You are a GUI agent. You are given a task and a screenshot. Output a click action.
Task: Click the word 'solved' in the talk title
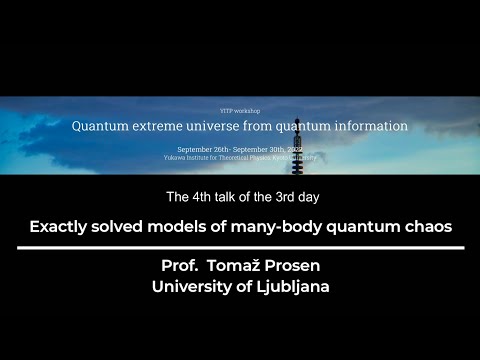(x=129, y=226)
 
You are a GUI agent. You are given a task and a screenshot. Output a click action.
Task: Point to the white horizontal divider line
(x=239, y=247)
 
